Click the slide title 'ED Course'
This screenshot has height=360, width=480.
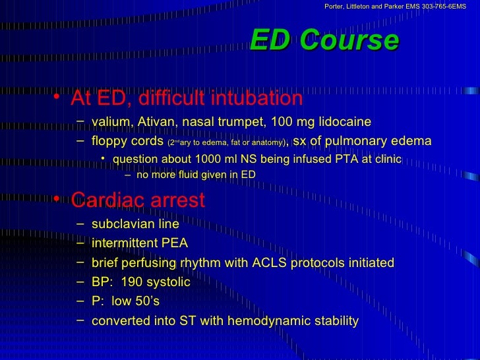[x=324, y=41]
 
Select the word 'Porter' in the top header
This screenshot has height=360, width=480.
[x=336, y=7]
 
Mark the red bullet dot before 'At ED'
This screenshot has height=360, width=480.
[x=57, y=97]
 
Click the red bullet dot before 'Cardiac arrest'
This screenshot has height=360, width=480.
[x=57, y=198]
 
